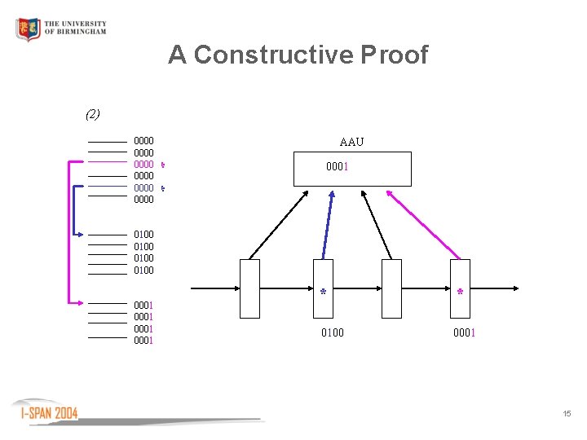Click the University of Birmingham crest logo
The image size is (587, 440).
click(x=28, y=30)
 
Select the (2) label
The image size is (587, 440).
click(x=92, y=114)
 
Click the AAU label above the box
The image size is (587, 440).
click(x=351, y=143)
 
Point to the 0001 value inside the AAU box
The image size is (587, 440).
click(x=338, y=169)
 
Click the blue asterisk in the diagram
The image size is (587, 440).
click(x=324, y=292)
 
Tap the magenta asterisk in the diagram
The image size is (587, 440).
click(x=461, y=292)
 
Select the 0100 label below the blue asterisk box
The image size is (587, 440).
click(x=332, y=332)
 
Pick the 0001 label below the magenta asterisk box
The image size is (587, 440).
click(x=465, y=332)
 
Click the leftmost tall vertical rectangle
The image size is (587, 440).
click(x=250, y=288)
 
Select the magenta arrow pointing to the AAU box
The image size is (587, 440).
click(x=424, y=224)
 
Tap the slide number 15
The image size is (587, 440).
click(x=567, y=415)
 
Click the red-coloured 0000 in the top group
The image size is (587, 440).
click(x=143, y=164)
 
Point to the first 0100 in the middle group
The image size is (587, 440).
click(x=143, y=235)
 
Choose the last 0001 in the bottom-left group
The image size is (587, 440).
click(x=143, y=341)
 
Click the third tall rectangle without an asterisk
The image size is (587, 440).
click(x=392, y=288)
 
